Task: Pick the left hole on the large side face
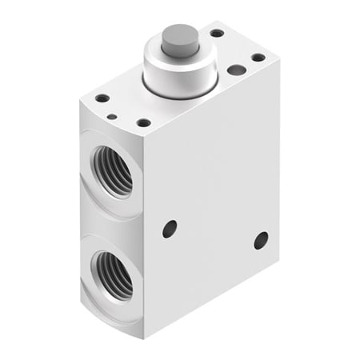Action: [170, 229]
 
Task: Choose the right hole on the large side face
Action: [261, 239]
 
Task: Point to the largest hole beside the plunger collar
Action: [236, 70]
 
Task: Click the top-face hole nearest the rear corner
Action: [216, 34]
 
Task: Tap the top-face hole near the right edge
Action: [258, 58]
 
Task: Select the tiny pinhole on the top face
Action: [113, 117]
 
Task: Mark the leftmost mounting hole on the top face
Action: [102, 98]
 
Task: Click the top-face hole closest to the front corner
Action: [143, 122]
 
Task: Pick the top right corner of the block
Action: [278, 61]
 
